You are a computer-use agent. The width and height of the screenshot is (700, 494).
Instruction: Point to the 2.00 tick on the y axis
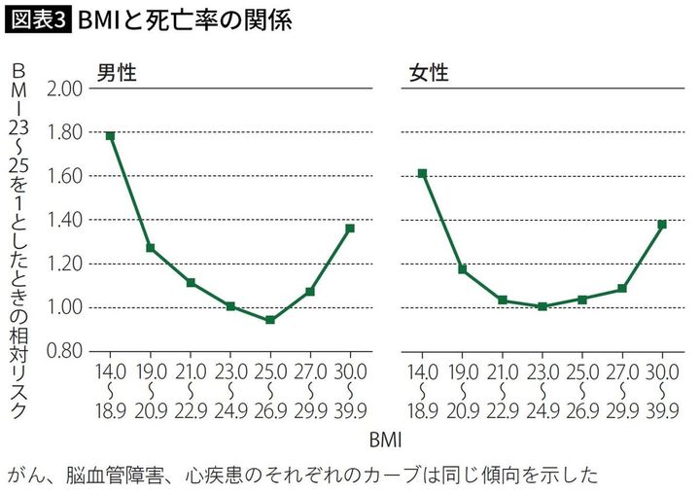pos(66,88)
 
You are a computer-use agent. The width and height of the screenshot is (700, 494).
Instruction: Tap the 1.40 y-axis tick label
pos(66,220)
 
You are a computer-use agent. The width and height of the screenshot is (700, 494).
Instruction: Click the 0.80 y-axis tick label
pos(66,351)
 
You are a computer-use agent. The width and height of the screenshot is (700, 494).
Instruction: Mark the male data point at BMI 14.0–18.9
pos(111,136)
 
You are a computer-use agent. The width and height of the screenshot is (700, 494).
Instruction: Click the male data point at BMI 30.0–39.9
pos(350,229)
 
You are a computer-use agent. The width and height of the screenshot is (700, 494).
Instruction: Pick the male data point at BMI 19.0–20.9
pos(151,248)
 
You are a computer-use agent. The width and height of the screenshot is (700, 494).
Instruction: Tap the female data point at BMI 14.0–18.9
pos(423,173)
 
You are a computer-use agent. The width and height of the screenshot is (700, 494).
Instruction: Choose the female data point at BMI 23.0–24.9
pos(542,306)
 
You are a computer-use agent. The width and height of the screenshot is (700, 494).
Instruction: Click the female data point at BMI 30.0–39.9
pos(662,225)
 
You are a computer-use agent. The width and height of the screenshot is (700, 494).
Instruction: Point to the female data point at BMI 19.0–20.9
pos(463,268)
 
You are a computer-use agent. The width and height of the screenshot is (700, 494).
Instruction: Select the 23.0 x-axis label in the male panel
pos(229,370)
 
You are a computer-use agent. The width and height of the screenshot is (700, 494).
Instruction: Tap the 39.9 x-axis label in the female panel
pos(662,409)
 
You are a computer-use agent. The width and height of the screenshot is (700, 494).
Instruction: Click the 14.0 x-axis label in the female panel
pos(423,370)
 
